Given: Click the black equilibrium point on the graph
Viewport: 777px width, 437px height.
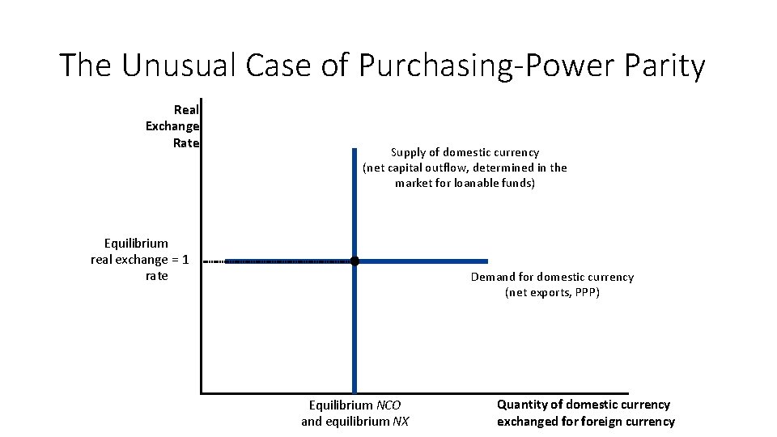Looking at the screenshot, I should pyautogui.click(x=355, y=261).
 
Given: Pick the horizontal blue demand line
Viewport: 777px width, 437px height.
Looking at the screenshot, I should pyautogui.click(x=429, y=261).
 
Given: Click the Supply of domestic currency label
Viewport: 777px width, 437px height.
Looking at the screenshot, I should pyautogui.click(x=465, y=152).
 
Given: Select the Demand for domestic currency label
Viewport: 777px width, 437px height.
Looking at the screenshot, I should pyautogui.click(x=552, y=277).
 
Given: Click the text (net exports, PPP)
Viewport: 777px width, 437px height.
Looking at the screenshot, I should pyautogui.click(x=552, y=292).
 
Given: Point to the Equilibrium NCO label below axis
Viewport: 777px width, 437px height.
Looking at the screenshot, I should pyautogui.click(x=355, y=405).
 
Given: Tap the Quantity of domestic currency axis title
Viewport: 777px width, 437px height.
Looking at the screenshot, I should pyautogui.click(x=584, y=404).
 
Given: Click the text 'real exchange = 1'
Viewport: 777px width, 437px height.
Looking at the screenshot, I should pyautogui.click(x=140, y=260).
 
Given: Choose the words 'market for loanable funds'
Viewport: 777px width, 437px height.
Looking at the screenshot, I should pyautogui.click(x=465, y=183).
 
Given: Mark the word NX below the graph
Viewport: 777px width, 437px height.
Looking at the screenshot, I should pyautogui.click(x=400, y=421).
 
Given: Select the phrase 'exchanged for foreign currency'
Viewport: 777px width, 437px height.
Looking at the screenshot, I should pyautogui.click(x=585, y=421).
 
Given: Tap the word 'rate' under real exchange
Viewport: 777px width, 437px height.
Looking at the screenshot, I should pyautogui.click(x=156, y=276).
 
